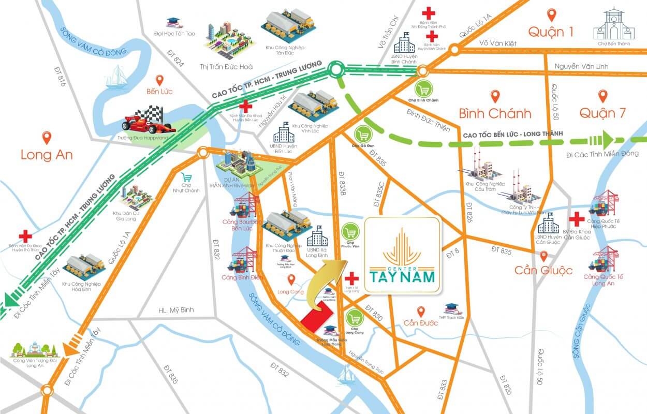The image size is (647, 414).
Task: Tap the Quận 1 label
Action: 551,32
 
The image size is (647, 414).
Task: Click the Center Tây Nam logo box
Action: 402,256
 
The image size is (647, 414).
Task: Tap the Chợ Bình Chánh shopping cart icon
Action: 424,90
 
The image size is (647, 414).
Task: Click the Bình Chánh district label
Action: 495,113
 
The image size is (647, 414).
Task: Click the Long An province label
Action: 47,155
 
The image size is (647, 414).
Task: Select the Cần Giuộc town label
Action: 543,270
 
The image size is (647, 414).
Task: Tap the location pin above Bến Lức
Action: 159,80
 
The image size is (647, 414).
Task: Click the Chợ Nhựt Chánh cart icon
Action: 187,176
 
